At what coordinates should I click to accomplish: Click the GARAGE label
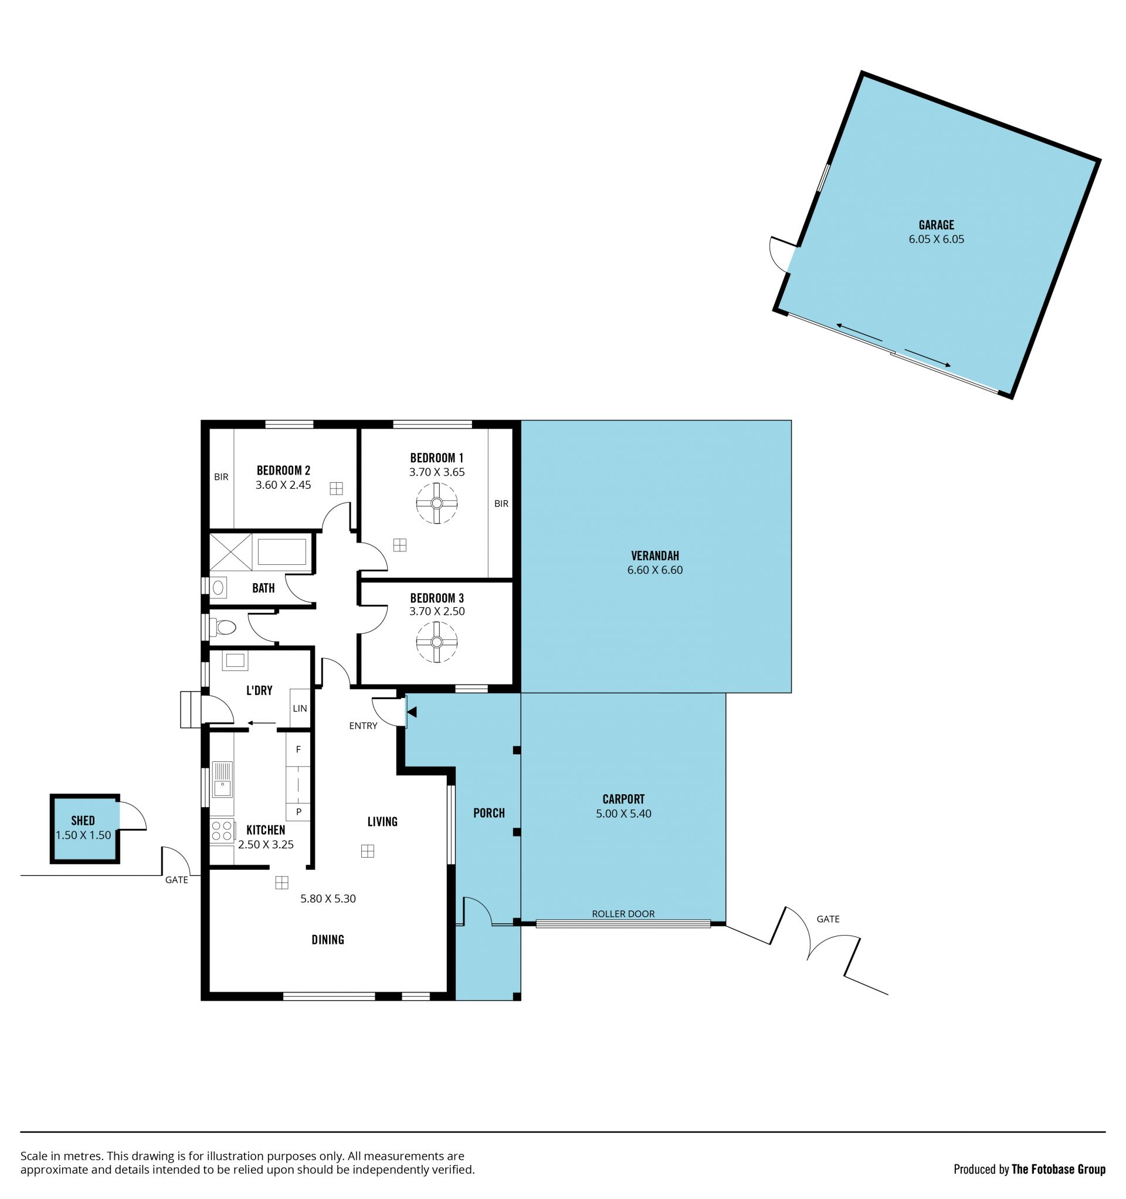[x=936, y=225]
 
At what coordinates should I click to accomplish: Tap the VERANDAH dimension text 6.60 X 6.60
[x=655, y=570]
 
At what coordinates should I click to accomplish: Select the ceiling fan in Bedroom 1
[x=437, y=503]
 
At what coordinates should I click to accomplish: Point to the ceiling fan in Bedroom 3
[x=437, y=642]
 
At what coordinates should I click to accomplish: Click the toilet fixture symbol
[x=223, y=628]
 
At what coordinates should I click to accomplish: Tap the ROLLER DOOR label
[x=623, y=914]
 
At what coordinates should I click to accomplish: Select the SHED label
[x=83, y=821]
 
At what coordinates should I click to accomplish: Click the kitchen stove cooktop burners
[x=222, y=832]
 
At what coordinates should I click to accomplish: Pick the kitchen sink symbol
[x=222, y=780]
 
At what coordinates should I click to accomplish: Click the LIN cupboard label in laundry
[x=300, y=708]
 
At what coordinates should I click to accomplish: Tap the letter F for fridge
[x=298, y=750]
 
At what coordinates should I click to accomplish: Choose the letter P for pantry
[x=298, y=812]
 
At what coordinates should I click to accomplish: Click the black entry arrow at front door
[x=412, y=712]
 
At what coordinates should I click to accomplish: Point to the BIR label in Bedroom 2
[x=221, y=477]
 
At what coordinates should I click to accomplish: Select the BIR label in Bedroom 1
[x=501, y=504]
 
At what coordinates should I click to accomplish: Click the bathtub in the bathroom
[x=281, y=552]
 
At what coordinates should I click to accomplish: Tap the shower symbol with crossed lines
[x=230, y=552]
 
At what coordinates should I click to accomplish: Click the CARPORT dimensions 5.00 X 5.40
[x=623, y=814]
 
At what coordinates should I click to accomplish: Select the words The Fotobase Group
[x=1059, y=1170]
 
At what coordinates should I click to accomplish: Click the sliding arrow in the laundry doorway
[x=261, y=723]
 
